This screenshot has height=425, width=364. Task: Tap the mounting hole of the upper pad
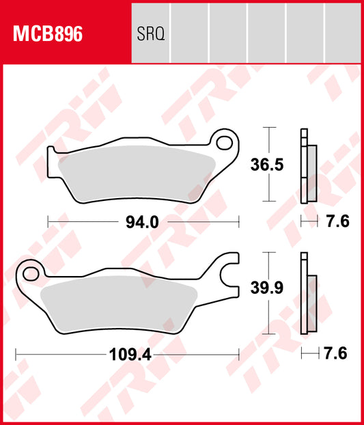[223, 142]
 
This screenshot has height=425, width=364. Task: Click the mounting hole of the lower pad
[30, 274]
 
